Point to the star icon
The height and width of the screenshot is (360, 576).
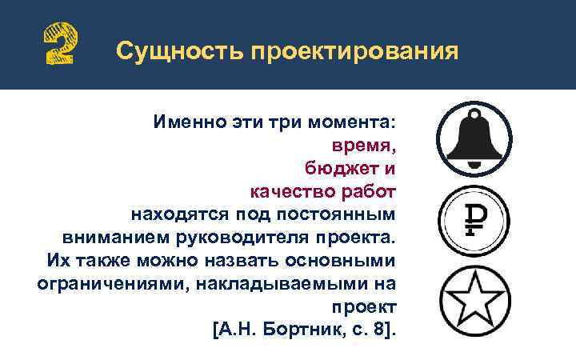tap(473, 298)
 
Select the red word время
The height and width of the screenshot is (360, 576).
tap(364, 146)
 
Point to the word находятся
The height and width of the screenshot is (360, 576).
tap(178, 215)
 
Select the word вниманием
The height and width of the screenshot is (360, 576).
tap(108, 238)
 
